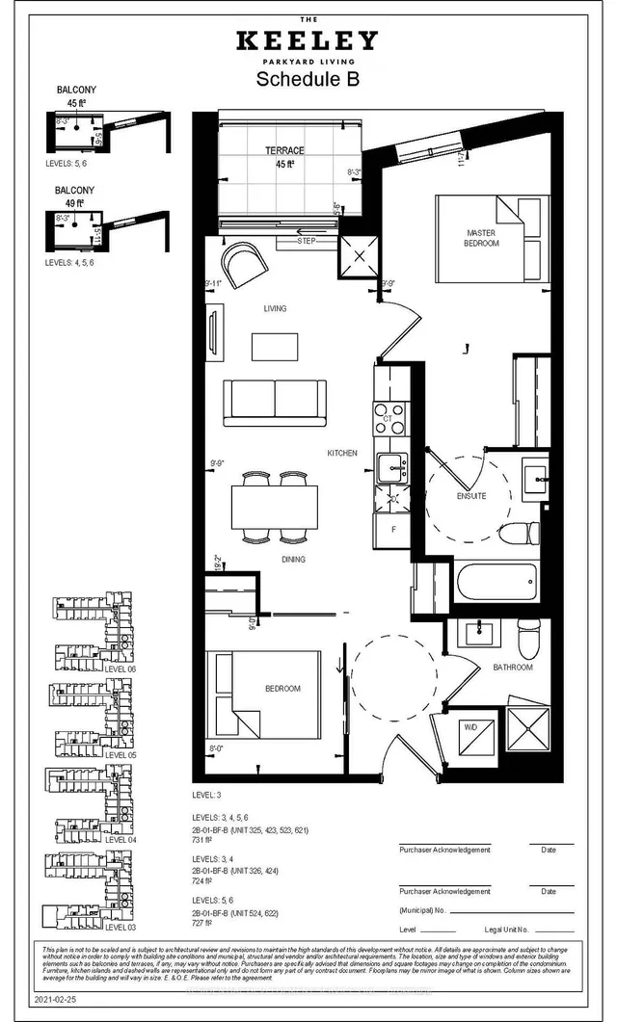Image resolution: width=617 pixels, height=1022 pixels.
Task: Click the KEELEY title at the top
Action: click(308, 40)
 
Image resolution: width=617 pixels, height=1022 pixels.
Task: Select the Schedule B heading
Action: click(308, 81)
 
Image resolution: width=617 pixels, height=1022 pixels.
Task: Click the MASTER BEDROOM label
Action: click(481, 238)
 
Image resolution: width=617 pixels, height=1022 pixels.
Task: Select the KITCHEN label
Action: click(341, 453)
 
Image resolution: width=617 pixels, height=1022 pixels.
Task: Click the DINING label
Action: click(294, 560)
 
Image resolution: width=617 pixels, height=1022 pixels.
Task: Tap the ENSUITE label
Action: click(470, 496)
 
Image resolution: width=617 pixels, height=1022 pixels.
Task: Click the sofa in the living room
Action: click(274, 402)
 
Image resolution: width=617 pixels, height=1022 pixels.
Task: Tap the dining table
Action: click(275, 508)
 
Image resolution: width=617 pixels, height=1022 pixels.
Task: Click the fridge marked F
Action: click(392, 529)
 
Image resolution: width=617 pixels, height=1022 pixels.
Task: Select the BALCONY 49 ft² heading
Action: click(74, 197)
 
